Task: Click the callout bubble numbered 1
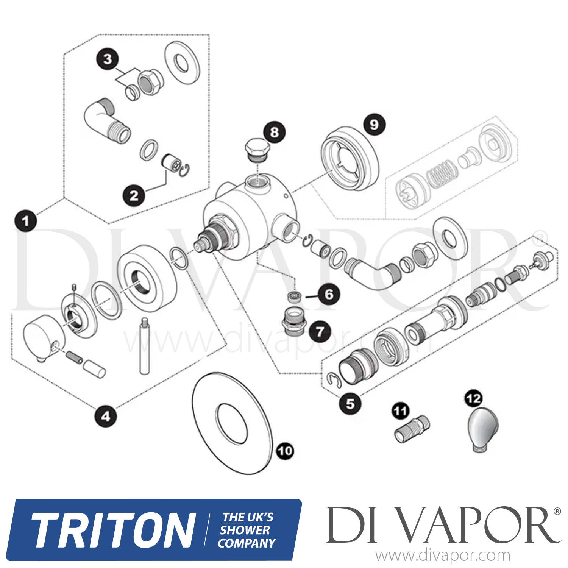pyautogui.click(x=25, y=220)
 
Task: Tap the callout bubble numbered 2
pyautogui.click(x=134, y=196)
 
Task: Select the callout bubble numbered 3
pyautogui.click(x=108, y=59)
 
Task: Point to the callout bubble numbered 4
pyautogui.click(x=106, y=417)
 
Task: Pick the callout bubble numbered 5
pyautogui.click(x=350, y=404)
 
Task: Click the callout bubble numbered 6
pyautogui.click(x=329, y=294)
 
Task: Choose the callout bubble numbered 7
pyautogui.click(x=320, y=332)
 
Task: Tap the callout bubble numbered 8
pyautogui.click(x=274, y=132)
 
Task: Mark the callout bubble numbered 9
pyautogui.click(x=374, y=124)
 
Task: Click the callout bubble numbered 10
pyautogui.click(x=285, y=451)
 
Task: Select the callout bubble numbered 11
pyautogui.click(x=401, y=411)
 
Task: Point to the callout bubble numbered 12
pyautogui.click(x=473, y=399)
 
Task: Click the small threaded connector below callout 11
pyautogui.click(x=412, y=429)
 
